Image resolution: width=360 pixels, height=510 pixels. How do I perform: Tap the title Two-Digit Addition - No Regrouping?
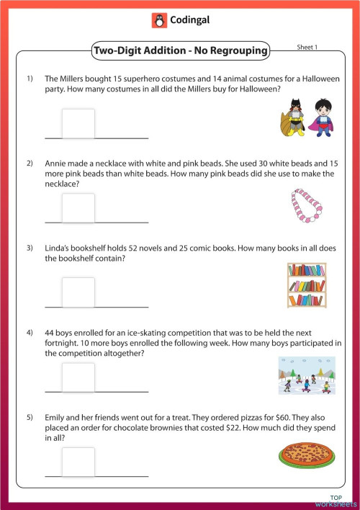pos(180,50)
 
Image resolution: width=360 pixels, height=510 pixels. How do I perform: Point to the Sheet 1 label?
pos(307,47)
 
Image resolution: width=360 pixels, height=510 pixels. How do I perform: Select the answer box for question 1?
pos(78,122)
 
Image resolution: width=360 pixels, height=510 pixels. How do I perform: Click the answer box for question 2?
pos(78,207)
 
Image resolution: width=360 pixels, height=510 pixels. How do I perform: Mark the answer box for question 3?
pos(78,292)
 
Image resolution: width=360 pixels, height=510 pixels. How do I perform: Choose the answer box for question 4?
pos(78,377)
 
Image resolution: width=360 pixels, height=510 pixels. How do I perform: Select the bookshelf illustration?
pos(306,286)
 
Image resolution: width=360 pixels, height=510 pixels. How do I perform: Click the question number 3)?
pos(31,249)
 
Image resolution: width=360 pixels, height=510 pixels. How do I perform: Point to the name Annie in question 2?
pos(55,164)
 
